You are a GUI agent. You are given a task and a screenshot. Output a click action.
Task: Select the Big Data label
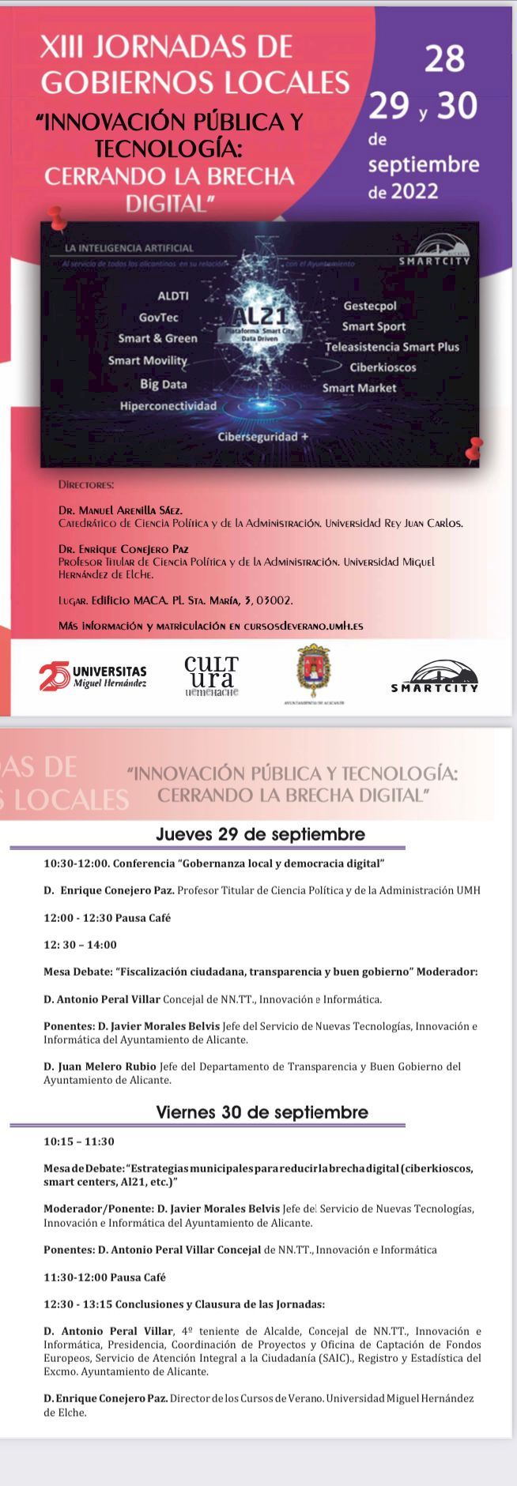[x=163, y=384]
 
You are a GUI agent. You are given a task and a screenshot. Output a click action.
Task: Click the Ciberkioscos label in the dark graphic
[x=383, y=367]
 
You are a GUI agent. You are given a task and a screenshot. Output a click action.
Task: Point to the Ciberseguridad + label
[x=263, y=436]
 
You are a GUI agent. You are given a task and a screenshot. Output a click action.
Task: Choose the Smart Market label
[x=359, y=388]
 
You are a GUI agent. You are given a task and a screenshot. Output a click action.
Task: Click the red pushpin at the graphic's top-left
[x=55, y=215]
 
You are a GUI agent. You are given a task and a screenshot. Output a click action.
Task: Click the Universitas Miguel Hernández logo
[x=92, y=675]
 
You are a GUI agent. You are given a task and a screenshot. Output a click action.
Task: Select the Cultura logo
[x=210, y=675]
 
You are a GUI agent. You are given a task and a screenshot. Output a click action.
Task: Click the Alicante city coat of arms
[x=314, y=672]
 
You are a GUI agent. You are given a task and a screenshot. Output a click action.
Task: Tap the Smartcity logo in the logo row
[x=435, y=677]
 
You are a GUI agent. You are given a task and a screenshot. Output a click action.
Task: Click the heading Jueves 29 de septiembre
[x=260, y=834]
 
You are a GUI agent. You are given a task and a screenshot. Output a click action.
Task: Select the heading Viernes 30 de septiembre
[x=262, y=1112]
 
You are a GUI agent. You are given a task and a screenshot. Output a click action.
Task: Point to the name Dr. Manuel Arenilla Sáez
[x=120, y=510]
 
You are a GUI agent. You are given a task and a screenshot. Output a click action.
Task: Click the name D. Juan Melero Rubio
[x=100, y=1067]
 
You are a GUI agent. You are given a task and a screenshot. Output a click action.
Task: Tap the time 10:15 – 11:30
[x=79, y=1142]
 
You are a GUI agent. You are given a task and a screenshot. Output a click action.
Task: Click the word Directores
[x=86, y=483]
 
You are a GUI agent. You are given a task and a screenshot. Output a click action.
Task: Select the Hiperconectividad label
[x=168, y=405]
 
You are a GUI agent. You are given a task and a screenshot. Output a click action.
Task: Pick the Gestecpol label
[x=370, y=306]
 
